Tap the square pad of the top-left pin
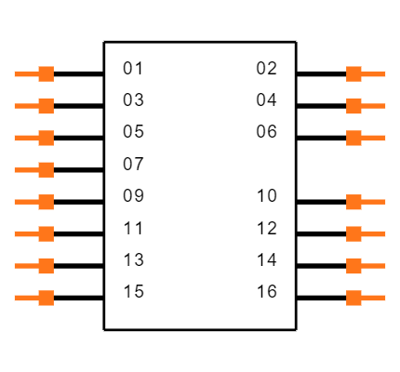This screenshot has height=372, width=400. (x=46, y=73)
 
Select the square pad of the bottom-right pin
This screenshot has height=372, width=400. (x=353, y=298)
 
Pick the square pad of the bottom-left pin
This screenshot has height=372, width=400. (x=46, y=298)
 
